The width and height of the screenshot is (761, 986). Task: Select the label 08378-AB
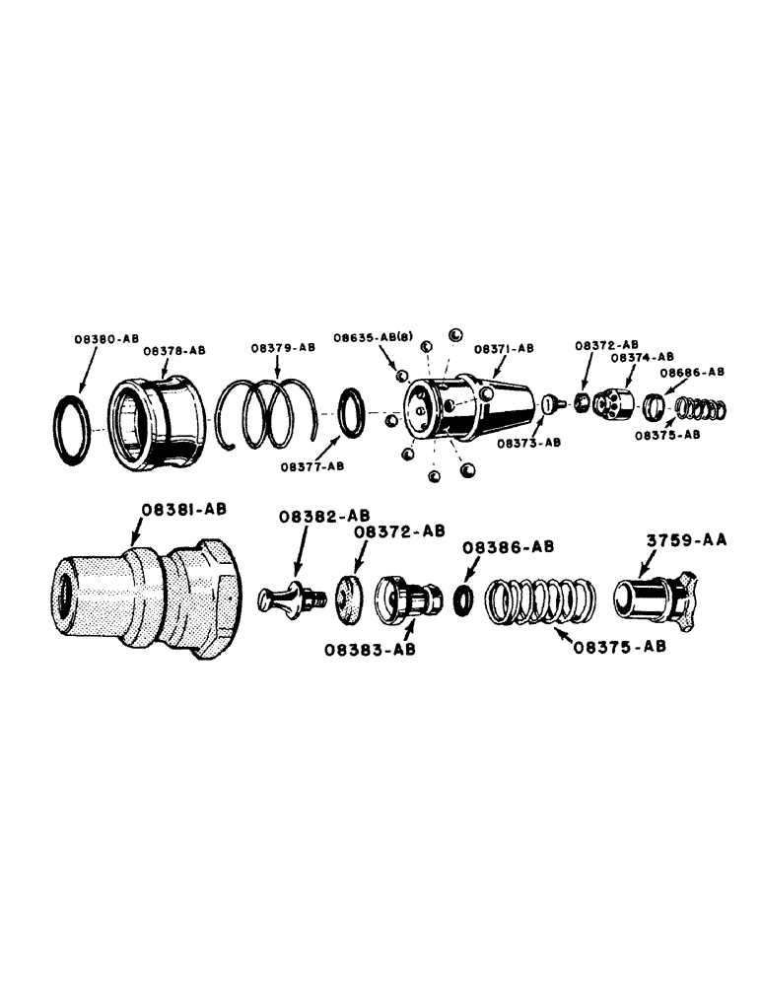point(173,350)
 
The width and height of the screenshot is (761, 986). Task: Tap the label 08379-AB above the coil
point(282,348)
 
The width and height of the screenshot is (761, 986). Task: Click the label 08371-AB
point(503,349)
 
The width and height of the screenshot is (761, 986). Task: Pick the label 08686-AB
point(692,372)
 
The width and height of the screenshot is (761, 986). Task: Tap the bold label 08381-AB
point(183,509)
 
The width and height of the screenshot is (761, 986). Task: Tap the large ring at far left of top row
point(72,425)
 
